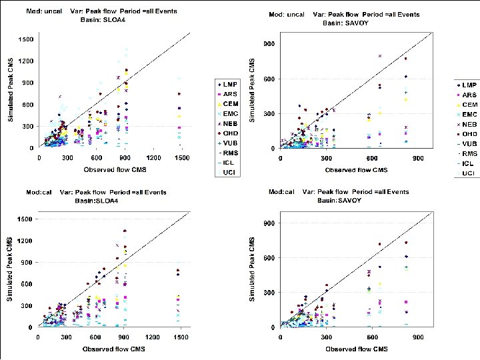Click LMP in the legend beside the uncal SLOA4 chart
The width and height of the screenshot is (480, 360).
point(230,85)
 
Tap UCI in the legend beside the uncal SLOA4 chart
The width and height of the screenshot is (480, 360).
point(230,173)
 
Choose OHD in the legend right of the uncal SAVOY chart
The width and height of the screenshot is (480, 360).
point(469,134)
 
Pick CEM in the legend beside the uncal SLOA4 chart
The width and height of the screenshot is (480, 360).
point(230,104)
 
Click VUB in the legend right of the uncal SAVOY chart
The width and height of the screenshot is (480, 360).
point(469,144)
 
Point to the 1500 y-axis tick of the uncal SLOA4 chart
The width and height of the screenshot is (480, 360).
point(25,39)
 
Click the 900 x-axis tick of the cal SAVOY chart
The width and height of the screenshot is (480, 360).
point(418,338)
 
